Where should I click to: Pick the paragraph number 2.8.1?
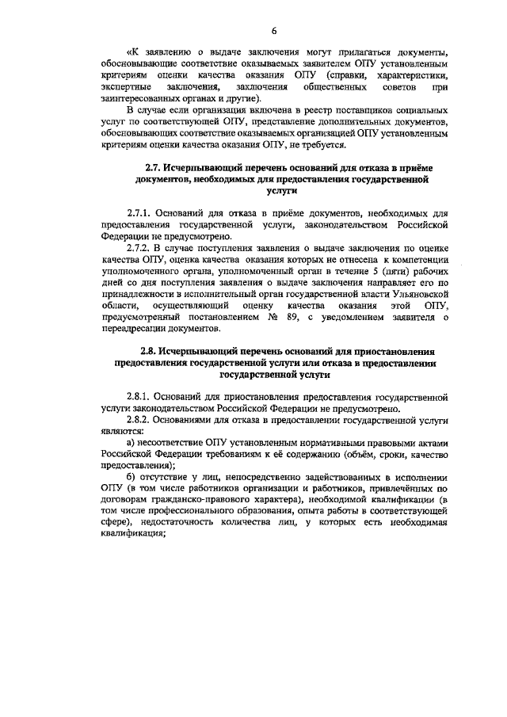point(140,394)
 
